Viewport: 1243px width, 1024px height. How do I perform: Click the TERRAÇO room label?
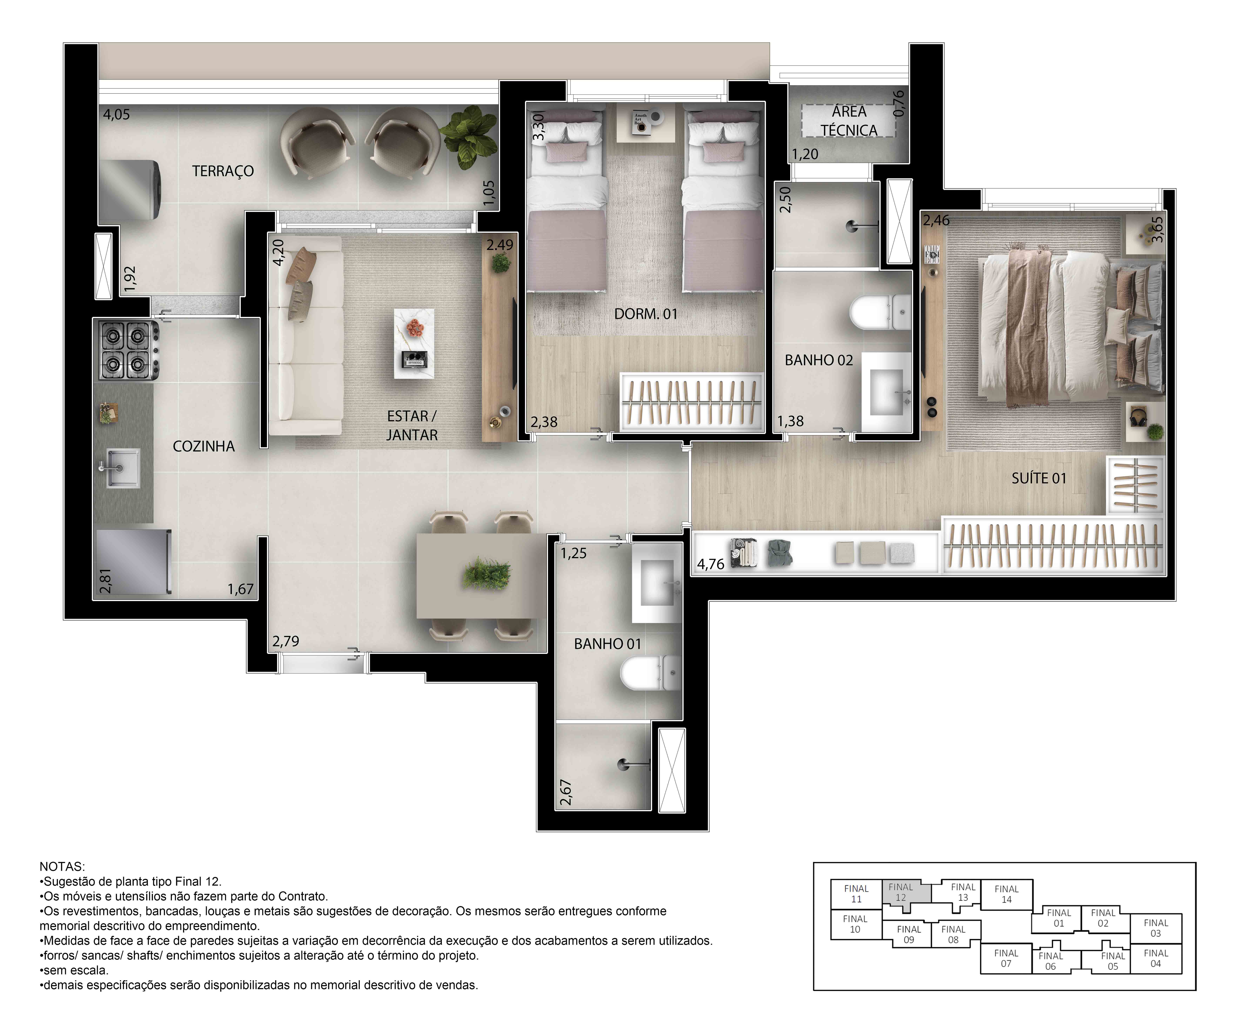pyautogui.click(x=223, y=171)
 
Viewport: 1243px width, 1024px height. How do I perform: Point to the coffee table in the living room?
pyautogui.click(x=414, y=343)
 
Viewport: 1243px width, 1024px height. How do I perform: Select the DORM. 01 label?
pyautogui.click(x=646, y=314)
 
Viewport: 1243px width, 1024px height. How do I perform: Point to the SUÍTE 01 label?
pyautogui.click(x=1039, y=478)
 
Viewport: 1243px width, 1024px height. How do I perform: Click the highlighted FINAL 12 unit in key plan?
pyautogui.click(x=901, y=892)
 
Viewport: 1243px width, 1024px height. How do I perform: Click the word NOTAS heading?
pyautogui.click(x=62, y=866)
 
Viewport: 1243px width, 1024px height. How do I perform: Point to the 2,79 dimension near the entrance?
pyautogui.click(x=286, y=641)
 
